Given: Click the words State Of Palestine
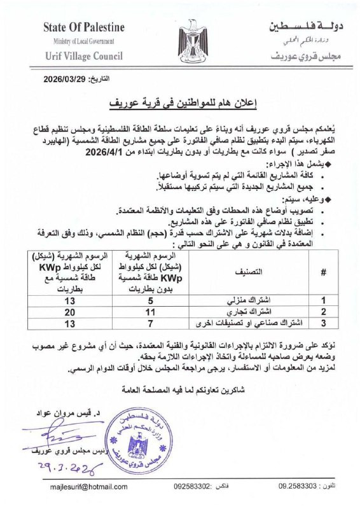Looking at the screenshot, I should (x=84, y=27).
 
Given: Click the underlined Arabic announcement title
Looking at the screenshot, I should (x=180, y=101).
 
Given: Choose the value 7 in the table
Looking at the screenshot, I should (x=151, y=323).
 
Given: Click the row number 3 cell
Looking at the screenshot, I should (x=322, y=323).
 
